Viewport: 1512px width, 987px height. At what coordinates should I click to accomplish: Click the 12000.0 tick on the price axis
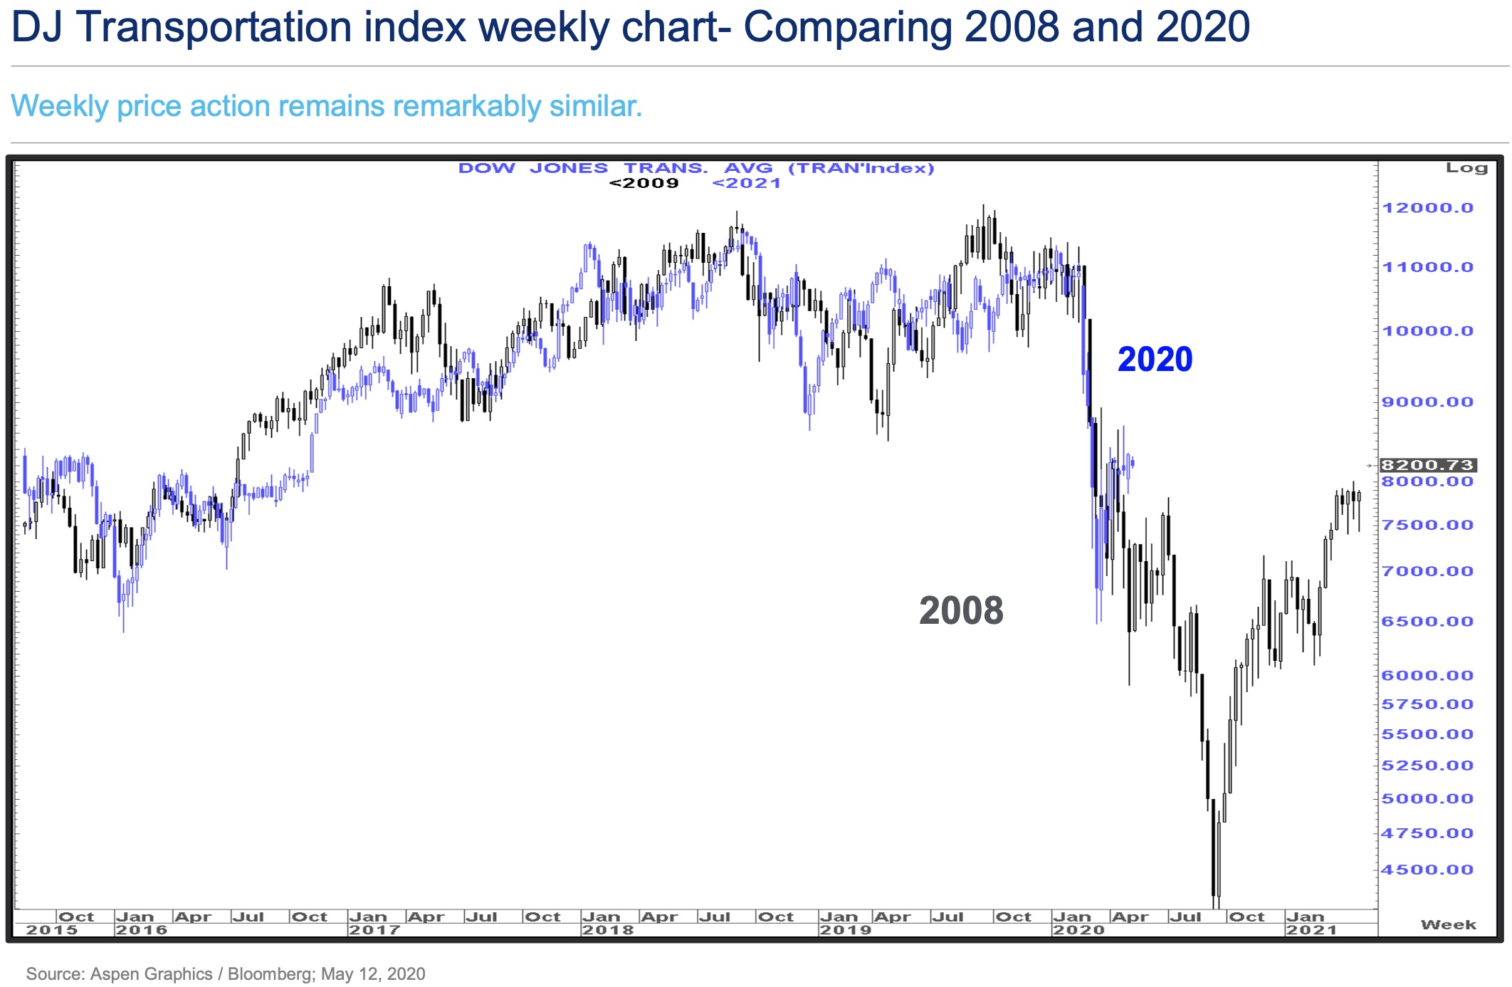[1427, 208]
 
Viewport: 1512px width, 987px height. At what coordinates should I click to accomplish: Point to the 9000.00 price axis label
[1427, 402]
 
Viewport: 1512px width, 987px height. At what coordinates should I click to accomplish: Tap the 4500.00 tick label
[1427, 869]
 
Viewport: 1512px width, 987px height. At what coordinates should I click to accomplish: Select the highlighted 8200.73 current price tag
[1427, 465]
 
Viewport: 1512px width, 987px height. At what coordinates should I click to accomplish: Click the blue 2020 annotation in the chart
[1155, 359]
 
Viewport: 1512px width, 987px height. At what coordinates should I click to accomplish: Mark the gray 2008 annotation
[961, 611]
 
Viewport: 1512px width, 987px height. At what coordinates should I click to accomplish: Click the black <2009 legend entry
[644, 183]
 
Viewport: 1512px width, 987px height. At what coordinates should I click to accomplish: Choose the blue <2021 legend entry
[746, 183]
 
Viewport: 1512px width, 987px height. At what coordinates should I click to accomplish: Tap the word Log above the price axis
[1466, 168]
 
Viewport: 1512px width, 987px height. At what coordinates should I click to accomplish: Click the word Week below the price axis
[1449, 924]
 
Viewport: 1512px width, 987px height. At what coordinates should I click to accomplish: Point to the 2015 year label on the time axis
[52, 930]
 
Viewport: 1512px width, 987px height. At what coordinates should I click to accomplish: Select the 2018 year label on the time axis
[607, 930]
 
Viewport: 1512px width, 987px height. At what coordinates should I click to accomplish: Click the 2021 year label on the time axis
[1311, 930]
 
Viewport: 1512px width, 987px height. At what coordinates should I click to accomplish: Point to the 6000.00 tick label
[1427, 675]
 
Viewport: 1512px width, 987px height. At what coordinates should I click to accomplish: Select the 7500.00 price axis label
[1427, 525]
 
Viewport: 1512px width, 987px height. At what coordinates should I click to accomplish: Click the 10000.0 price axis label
[1427, 330]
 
